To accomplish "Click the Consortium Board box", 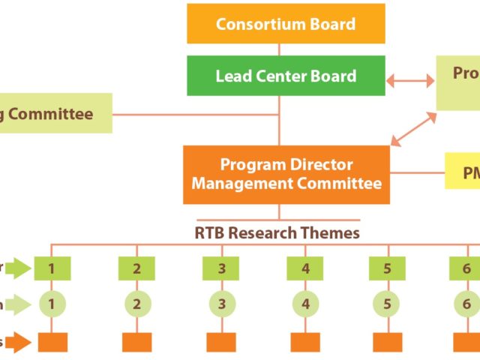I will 286,24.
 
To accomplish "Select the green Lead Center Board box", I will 286,76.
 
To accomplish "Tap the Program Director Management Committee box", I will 286,175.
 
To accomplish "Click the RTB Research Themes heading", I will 277,232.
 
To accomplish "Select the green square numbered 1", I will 52,268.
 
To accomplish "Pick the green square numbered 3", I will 221,268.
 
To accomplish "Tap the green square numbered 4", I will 305,268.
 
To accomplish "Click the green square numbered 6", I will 466,268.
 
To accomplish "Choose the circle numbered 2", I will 136,304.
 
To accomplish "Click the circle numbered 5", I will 387,304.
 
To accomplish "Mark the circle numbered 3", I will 221,304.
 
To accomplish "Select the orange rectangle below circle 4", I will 305,342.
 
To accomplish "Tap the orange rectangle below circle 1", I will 52,342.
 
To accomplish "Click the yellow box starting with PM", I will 462,171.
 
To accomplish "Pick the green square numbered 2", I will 136,268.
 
